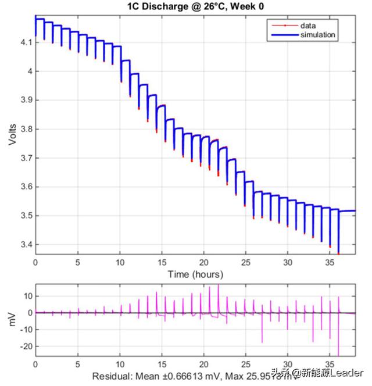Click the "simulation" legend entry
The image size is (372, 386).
(317, 35)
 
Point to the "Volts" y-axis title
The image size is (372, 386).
(12, 134)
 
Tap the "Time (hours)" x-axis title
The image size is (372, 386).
(195, 273)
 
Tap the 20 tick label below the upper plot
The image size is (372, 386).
(203, 262)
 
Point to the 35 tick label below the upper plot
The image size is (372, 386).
(329, 262)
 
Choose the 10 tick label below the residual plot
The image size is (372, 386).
(120, 364)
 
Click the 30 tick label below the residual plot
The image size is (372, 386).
(287, 364)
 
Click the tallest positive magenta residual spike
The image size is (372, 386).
(218, 286)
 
